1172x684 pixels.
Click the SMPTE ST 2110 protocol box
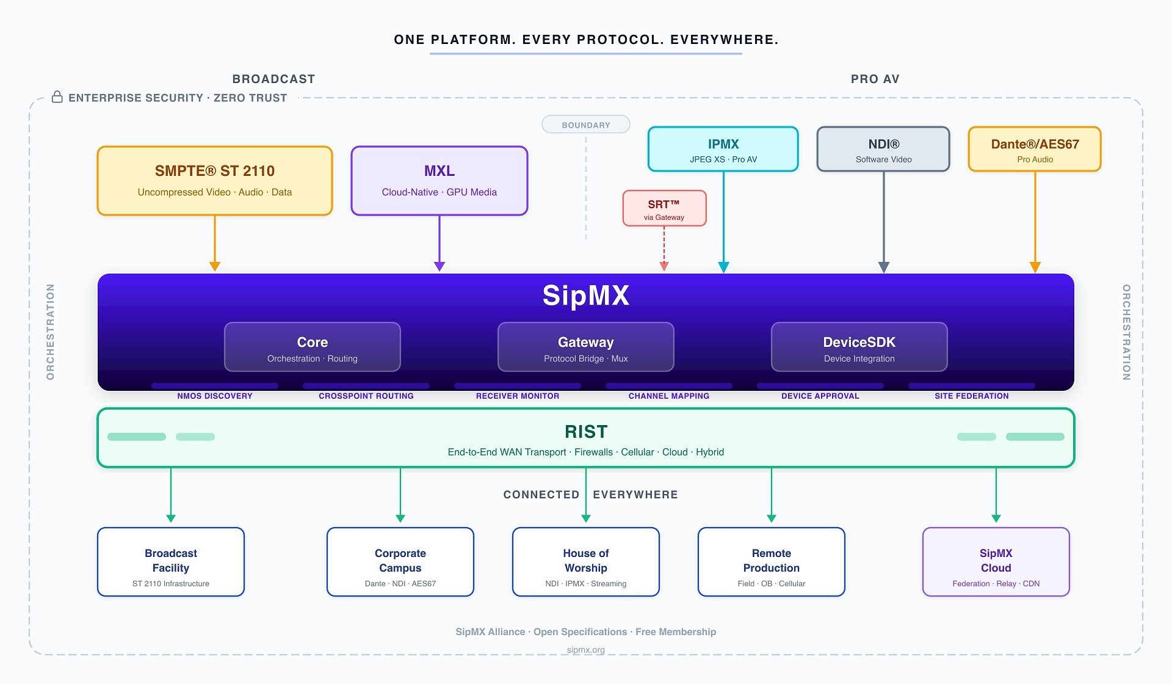pos(214,181)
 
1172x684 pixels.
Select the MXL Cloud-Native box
pos(439,181)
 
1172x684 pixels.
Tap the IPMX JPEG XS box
pos(723,150)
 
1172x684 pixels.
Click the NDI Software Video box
pos(883,150)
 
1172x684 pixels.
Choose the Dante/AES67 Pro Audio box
pos(1034,150)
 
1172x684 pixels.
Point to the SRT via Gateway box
pos(664,209)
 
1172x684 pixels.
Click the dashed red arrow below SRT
pos(664,247)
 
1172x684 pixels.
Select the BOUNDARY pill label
pos(585,125)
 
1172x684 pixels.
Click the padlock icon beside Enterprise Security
pos(57,97)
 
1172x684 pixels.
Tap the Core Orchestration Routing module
pos(312,347)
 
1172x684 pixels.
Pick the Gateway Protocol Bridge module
pos(585,347)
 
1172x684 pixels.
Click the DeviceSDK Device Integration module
pos(859,347)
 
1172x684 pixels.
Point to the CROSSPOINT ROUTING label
pos(366,396)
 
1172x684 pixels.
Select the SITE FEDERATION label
pos(971,396)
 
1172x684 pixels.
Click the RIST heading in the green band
pos(585,432)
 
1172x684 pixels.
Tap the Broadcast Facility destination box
pos(171,562)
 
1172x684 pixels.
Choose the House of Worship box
pos(585,562)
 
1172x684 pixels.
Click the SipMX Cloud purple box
pos(996,562)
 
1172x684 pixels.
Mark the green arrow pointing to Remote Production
pos(771,495)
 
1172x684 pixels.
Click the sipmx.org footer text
pos(585,650)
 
